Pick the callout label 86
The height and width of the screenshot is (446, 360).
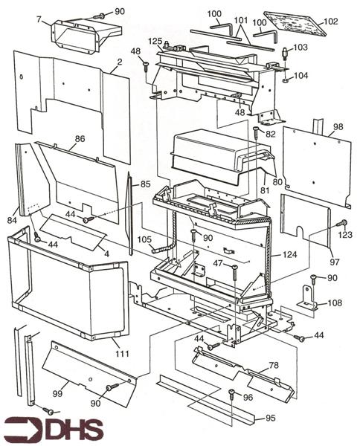point(80,138)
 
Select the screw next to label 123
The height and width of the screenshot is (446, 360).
point(341,223)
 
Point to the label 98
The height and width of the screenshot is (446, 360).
point(338,127)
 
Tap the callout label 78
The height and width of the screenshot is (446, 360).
point(273,365)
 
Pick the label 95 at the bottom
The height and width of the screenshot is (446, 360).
point(270,418)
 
